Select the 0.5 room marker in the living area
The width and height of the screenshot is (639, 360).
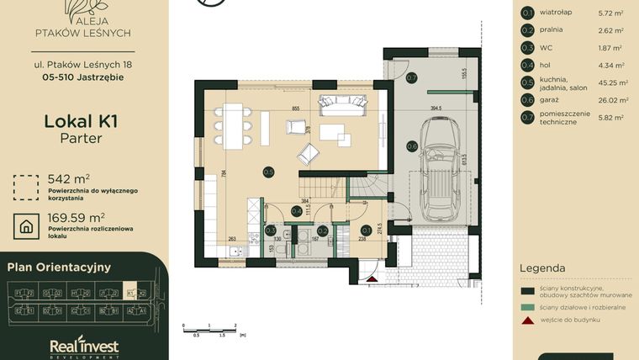pyautogui.click(x=268, y=172)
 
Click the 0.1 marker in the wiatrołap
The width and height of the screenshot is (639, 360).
pyautogui.click(x=366, y=230)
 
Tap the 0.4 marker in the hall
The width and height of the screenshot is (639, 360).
pyautogui.click(x=297, y=211)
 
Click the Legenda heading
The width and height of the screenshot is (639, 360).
pyautogui.click(x=542, y=268)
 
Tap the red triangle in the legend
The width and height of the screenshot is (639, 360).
pyautogui.click(x=527, y=320)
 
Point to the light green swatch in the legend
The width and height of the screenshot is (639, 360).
pyautogui.click(x=527, y=305)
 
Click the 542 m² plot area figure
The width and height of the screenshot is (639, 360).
pyautogui.click(x=69, y=178)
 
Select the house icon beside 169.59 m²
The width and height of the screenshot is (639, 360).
pyautogui.click(x=25, y=225)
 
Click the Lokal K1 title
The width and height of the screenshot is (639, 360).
pyautogui.click(x=81, y=121)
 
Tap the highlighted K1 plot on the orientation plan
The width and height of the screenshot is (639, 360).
pyautogui.click(x=129, y=293)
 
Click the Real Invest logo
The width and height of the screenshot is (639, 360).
pyautogui.click(x=84, y=347)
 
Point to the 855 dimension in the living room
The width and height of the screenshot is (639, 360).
pyautogui.click(x=295, y=109)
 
